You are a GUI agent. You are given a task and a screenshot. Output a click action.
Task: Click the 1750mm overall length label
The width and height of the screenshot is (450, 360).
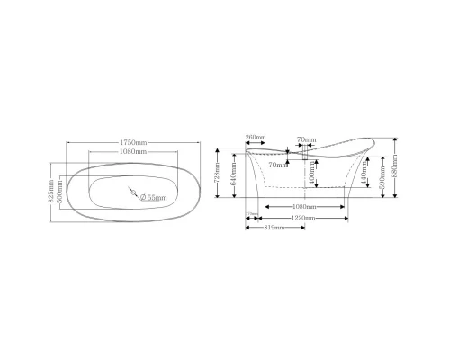(134, 141)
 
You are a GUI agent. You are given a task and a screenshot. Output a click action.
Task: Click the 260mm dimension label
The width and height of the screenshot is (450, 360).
(255, 137)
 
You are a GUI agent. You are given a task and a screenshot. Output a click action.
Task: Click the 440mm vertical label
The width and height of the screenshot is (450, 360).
(364, 179)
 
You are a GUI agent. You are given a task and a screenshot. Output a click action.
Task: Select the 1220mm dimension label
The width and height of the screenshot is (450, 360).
(303, 219)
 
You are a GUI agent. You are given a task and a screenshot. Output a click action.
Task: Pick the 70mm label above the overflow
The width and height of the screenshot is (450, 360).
(307, 139)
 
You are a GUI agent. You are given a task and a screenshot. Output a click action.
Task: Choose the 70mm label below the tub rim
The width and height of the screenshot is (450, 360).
(277, 165)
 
